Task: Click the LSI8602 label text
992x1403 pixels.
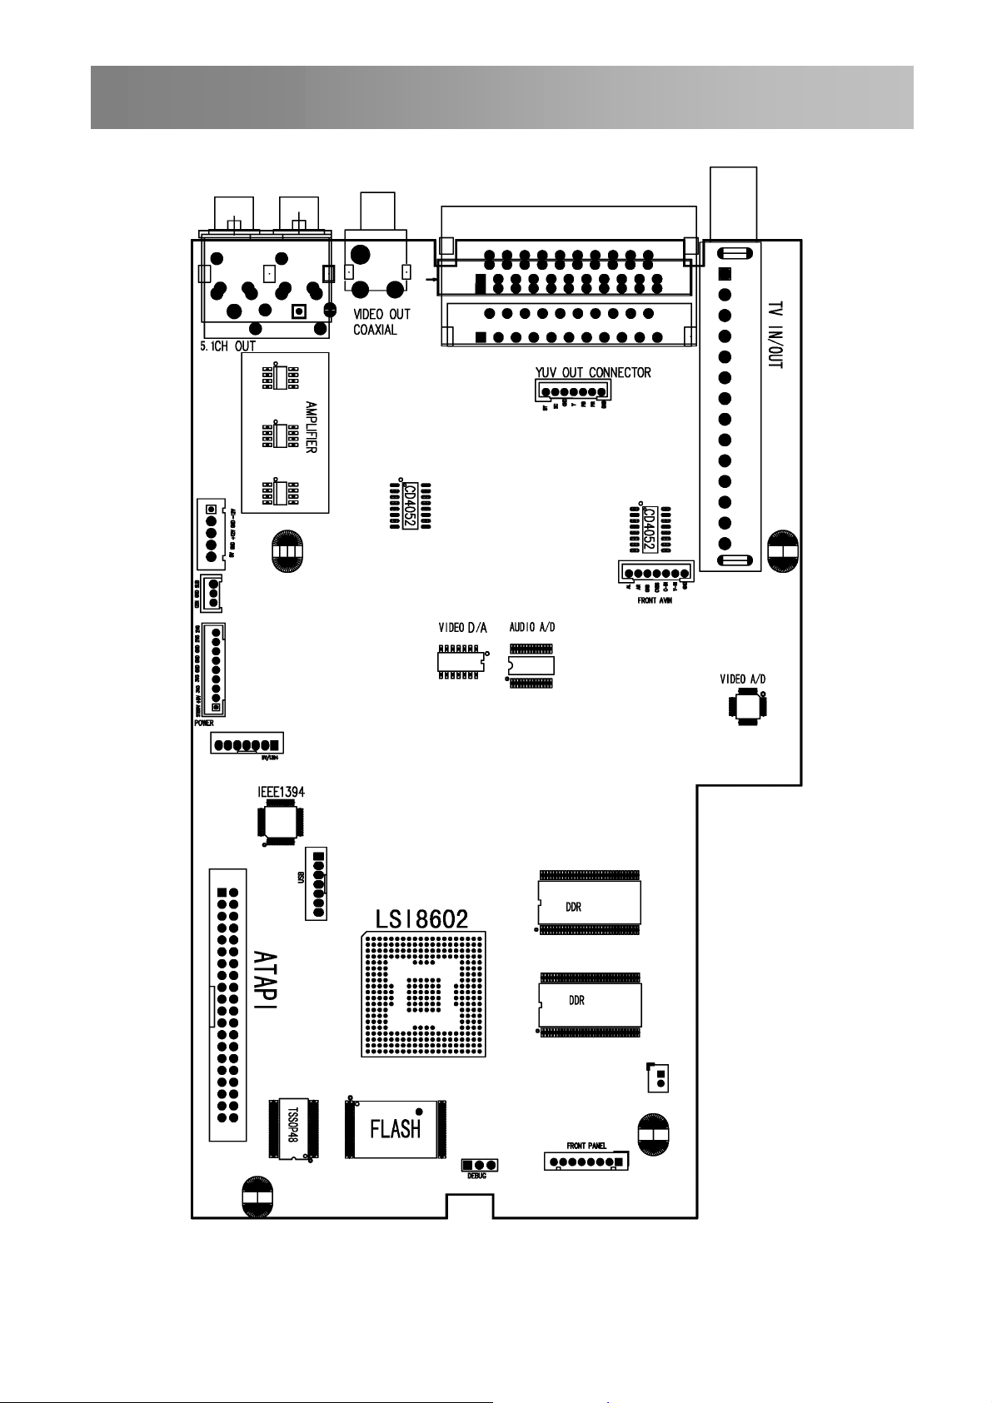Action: tap(422, 918)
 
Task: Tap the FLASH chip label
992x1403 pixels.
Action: tap(395, 1129)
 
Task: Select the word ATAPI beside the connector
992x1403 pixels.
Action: tap(266, 980)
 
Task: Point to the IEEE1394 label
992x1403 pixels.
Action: tap(281, 792)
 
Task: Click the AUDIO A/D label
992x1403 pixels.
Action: tap(531, 627)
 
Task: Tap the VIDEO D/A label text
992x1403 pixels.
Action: tap(462, 627)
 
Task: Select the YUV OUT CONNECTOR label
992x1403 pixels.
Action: tap(593, 372)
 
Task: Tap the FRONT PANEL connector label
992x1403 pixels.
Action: tap(586, 1146)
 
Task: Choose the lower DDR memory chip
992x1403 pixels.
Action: tap(590, 1002)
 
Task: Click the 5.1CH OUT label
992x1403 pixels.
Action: tap(227, 346)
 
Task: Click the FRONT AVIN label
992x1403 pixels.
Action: tap(650, 600)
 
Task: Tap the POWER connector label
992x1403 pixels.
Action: tap(204, 724)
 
